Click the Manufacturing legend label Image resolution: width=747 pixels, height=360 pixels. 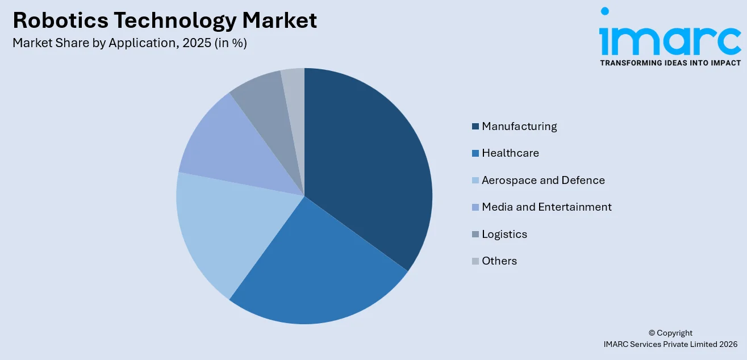[x=519, y=127]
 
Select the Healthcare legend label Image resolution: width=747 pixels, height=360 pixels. [x=510, y=153]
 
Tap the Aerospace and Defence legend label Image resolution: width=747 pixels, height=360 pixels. [x=543, y=181]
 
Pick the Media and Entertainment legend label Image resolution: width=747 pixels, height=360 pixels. [x=546, y=207]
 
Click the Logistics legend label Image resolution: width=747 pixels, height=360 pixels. [x=504, y=235]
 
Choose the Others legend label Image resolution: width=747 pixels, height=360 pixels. [x=499, y=261]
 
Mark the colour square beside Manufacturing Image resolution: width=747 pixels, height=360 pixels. [x=475, y=127]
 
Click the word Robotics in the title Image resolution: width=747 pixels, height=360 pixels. [x=59, y=20]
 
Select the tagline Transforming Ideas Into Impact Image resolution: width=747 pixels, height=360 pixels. [x=670, y=63]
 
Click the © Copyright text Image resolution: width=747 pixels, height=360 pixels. [x=670, y=333]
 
